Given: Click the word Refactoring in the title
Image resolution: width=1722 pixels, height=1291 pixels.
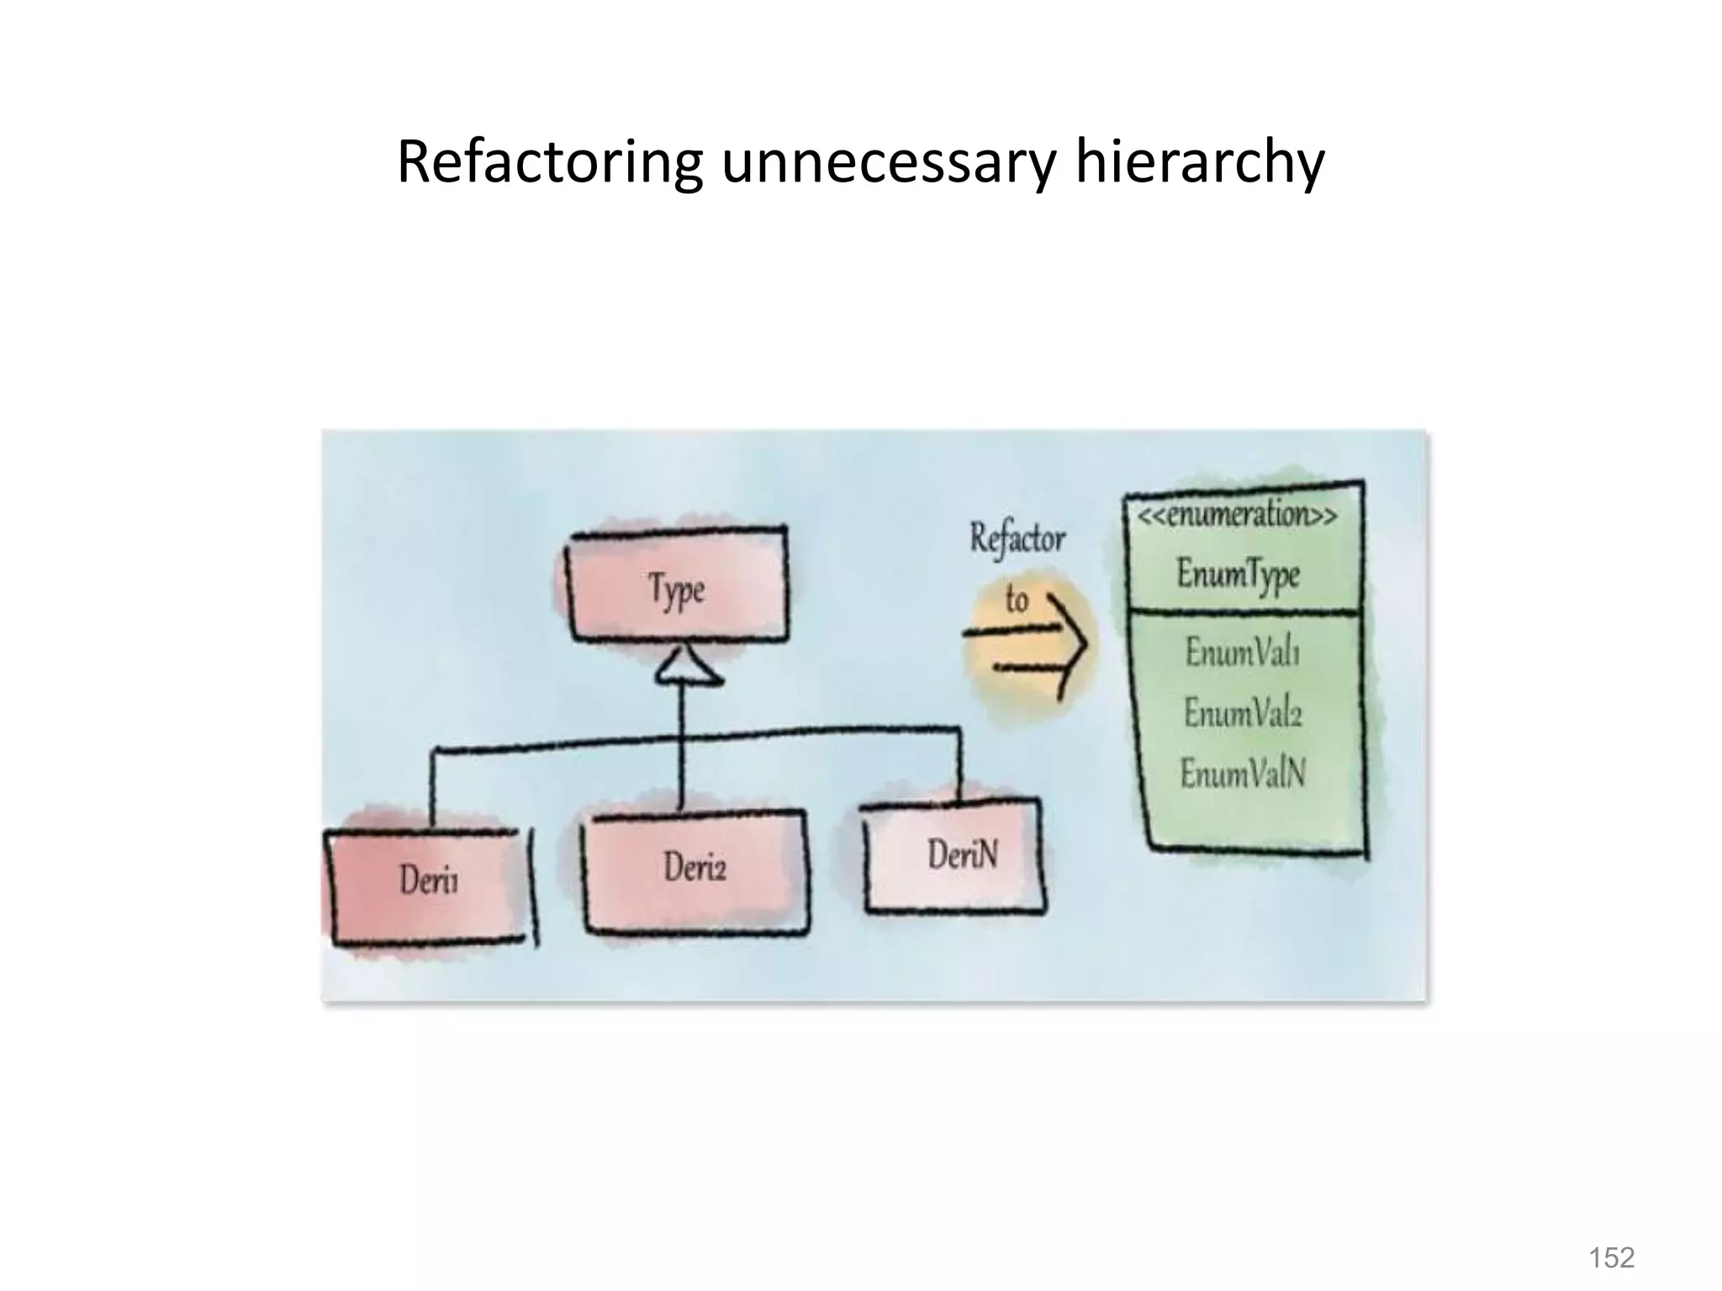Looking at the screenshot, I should [549, 162].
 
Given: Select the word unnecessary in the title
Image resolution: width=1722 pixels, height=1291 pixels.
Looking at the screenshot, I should [887, 164].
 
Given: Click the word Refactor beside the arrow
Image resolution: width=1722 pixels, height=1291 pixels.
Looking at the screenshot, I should [1017, 539].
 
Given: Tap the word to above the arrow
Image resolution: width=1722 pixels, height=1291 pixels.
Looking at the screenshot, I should [1017, 600].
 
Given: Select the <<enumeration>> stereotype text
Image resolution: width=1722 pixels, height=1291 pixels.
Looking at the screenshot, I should [1238, 514].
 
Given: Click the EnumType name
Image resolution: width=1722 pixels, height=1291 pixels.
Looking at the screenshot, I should [1239, 575].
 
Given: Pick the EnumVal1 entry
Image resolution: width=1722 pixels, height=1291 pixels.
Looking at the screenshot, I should [1242, 652].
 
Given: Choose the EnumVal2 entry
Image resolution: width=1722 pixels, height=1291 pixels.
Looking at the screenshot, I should [1243, 714].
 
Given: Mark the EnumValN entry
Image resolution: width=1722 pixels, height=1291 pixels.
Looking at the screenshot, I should [1243, 773].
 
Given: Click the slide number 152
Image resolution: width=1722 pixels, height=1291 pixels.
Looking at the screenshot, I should [1611, 1257].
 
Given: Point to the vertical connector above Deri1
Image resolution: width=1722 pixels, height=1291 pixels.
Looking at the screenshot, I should [433, 785].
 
